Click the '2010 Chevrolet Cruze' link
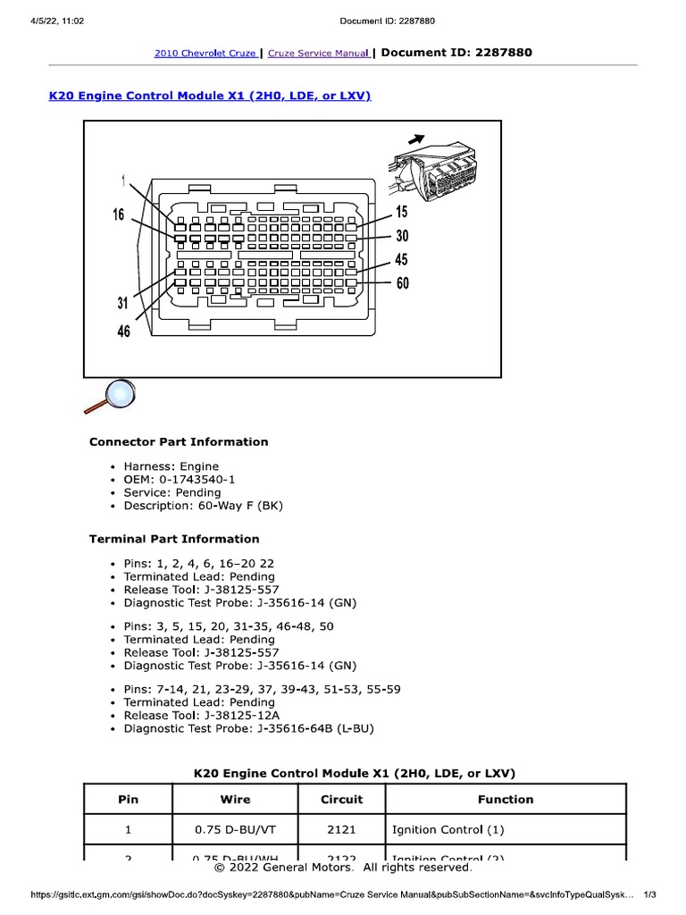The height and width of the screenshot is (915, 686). [x=205, y=53]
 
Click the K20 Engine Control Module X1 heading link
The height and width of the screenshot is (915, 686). [x=209, y=95]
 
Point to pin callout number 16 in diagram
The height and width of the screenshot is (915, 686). [x=118, y=214]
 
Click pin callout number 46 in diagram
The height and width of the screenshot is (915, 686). [x=123, y=331]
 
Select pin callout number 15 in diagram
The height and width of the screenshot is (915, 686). [x=402, y=212]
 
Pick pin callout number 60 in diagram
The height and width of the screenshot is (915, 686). [x=402, y=283]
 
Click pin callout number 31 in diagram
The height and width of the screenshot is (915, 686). [x=123, y=303]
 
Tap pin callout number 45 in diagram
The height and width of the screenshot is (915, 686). [x=402, y=260]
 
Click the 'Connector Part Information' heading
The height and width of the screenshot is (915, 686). [x=178, y=441]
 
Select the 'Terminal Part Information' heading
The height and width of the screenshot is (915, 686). [x=174, y=539]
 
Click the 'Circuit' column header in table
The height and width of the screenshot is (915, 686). [x=341, y=800]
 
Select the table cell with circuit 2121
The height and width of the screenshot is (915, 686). [x=341, y=829]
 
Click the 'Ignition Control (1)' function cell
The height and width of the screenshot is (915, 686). [x=448, y=829]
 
